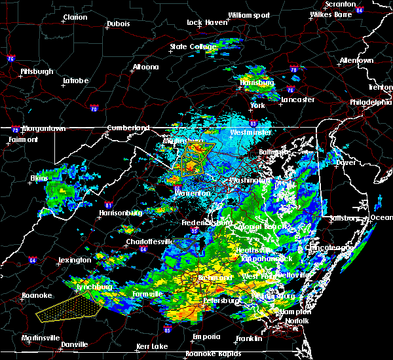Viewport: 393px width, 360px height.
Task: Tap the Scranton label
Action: click(x=358, y=4)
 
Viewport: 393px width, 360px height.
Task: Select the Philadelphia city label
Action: click(x=370, y=102)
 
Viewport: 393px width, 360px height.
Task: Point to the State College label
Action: click(x=193, y=46)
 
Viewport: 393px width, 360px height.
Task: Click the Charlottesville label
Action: click(x=149, y=242)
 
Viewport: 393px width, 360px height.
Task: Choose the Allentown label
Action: click(x=356, y=60)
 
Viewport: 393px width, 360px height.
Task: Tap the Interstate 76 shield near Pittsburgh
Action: click(x=10, y=58)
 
